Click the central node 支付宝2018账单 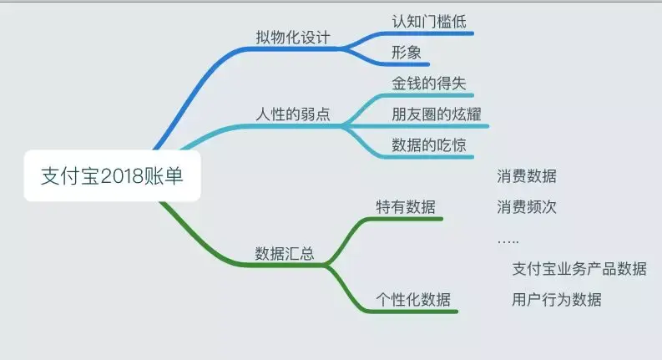pos(112,176)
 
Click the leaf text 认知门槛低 pos(425,20)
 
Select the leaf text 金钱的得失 pos(425,84)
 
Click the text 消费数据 pos(526,176)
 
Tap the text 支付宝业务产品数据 pos(579,268)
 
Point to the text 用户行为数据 pos(556,299)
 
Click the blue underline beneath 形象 pos(409,64)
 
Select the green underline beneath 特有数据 pos(409,220)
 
